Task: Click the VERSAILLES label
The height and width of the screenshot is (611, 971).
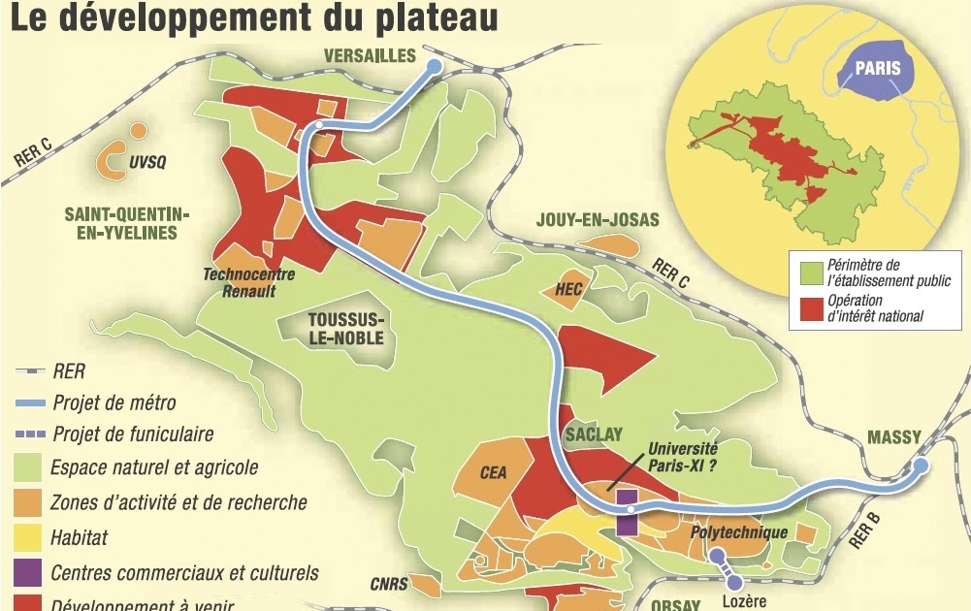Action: pos(369,54)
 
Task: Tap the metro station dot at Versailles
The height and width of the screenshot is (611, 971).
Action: pos(434,65)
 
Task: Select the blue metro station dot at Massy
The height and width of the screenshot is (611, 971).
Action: pos(921,466)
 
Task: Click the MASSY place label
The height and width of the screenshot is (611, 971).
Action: pos(893,438)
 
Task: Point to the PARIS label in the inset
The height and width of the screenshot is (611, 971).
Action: pos(877,69)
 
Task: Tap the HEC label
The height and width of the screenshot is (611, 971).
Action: pos(568,289)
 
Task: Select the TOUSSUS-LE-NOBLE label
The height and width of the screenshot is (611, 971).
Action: pos(345,329)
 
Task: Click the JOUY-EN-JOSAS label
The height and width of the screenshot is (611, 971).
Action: pos(598,220)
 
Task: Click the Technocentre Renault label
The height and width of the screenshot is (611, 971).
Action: pos(249,281)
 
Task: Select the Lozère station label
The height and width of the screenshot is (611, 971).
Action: pos(744,601)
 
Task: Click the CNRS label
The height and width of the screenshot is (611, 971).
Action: pos(389,584)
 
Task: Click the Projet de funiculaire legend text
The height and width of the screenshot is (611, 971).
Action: pos(133,434)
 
